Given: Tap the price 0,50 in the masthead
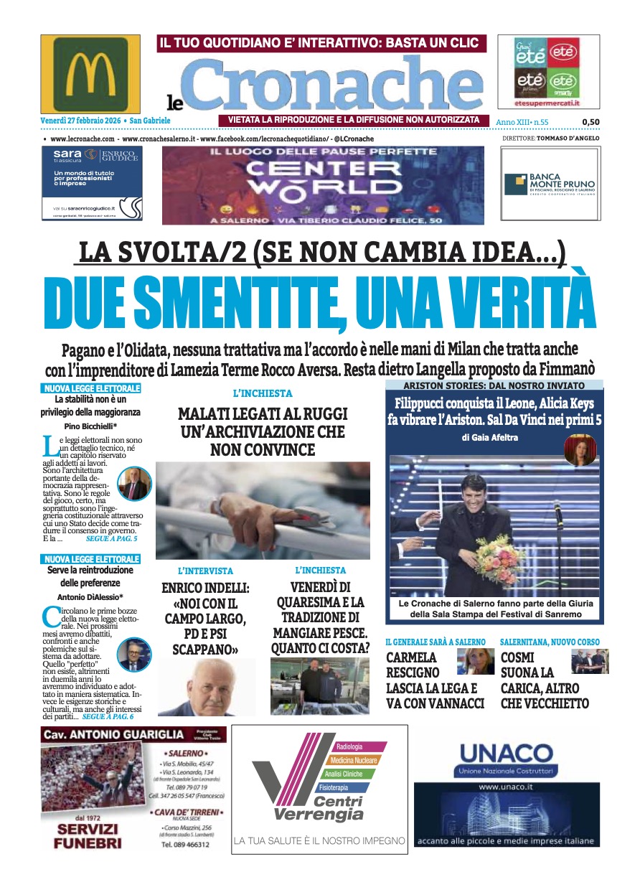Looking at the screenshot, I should coord(590,122).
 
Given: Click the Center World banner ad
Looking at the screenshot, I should coord(323,185).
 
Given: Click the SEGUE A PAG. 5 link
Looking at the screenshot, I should coord(111,538).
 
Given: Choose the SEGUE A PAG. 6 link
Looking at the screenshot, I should coord(108,716).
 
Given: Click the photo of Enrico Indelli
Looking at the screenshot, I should coord(207,688).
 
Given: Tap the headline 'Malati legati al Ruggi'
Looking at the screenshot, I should coord(263,432).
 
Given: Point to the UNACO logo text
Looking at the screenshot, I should coord(506,754).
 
